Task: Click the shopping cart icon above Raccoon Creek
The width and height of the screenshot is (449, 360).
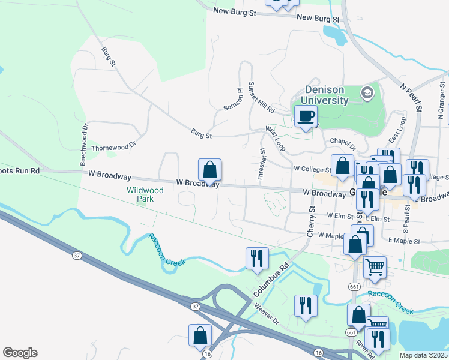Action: (x=375, y=266)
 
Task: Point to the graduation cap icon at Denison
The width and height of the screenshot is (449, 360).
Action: (x=366, y=93)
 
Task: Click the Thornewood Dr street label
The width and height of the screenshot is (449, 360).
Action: (x=114, y=146)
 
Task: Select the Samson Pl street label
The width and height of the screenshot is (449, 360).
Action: (x=232, y=99)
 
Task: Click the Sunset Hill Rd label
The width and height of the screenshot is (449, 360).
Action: (x=261, y=97)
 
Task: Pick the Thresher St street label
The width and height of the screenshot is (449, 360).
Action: (x=261, y=164)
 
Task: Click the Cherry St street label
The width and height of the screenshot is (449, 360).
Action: (x=311, y=221)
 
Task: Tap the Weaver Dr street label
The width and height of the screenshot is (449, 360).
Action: (x=267, y=314)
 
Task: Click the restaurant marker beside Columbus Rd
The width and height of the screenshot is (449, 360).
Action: (x=257, y=258)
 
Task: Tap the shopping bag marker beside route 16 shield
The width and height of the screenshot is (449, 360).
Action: (x=200, y=335)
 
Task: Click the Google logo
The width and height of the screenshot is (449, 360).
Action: (x=20, y=353)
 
